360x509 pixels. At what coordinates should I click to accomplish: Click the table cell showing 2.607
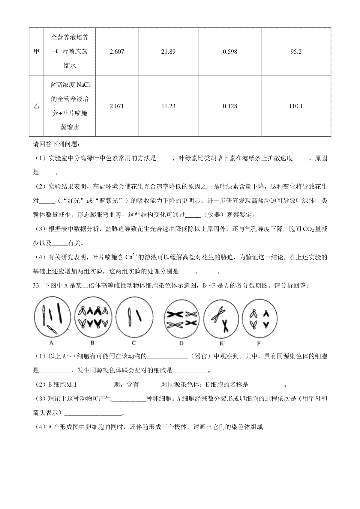117,52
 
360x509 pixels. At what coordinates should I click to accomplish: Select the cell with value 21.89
168,52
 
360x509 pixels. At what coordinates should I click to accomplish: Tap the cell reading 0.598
230,52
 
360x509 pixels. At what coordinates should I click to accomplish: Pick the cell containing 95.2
296,52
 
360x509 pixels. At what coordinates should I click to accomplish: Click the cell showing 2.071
117,106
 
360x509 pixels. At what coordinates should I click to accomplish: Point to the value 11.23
168,106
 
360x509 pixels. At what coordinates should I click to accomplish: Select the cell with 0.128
230,106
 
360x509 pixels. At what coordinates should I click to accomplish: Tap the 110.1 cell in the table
296,106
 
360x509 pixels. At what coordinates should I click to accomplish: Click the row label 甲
36,52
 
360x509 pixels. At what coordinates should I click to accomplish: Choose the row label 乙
36,106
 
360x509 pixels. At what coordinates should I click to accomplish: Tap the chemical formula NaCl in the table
83,85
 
